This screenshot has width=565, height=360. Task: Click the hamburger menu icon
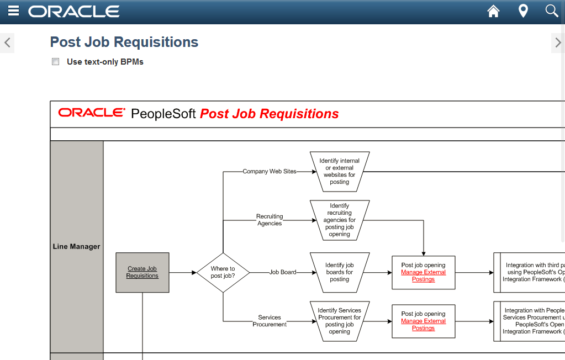point(14,11)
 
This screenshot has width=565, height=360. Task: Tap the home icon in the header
point(493,11)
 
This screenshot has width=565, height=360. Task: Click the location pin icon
point(523,11)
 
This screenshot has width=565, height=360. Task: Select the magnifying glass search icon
point(551,11)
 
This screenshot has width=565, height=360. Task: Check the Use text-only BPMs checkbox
point(55,62)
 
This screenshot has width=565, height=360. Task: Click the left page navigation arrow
point(7,43)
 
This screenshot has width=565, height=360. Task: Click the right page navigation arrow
point(558,43)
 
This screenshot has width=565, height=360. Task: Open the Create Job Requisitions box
point(142,272)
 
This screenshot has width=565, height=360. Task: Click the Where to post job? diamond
point(223,272)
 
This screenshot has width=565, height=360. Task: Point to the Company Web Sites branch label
point(270,172)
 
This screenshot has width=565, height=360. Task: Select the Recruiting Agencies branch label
point(270,220)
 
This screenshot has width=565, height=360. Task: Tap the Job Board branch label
point(283,272)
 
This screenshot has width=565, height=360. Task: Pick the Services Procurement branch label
point(270,321)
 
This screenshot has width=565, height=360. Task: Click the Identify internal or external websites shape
point(340,171)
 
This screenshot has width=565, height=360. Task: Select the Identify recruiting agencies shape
point(340,220)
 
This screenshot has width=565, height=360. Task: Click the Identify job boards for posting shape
point(340,272)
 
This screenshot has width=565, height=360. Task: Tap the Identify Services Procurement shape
point(340,321)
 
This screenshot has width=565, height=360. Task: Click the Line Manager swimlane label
point(76,246)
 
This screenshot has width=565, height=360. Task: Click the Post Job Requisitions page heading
point(124,42)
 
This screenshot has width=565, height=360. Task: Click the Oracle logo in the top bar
point(74,11)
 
